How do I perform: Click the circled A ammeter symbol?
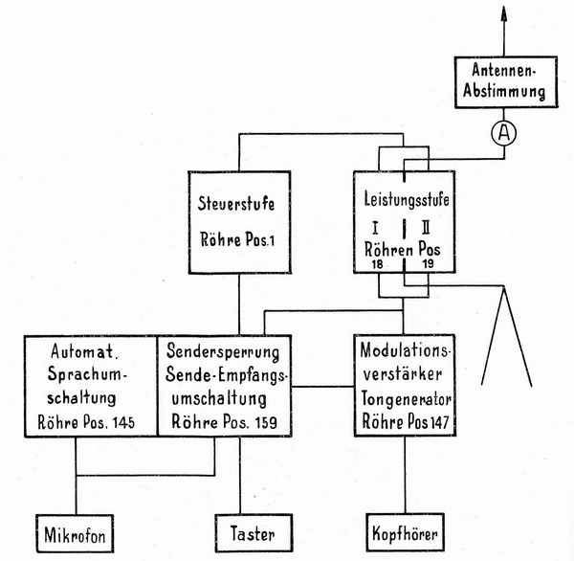click(509, 135)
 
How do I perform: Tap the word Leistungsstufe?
click(404, 202)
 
